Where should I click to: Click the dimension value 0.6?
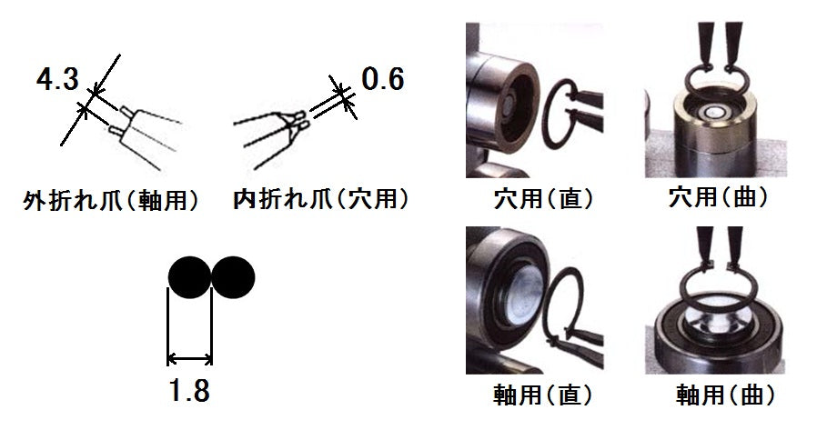(x=382, y=80)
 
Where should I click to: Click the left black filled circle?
(x=189, y=278)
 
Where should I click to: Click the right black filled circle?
(x=233, y=278)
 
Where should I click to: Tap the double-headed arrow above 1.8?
(x=189, y=357)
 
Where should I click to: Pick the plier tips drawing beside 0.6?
(x=282, y=127)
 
